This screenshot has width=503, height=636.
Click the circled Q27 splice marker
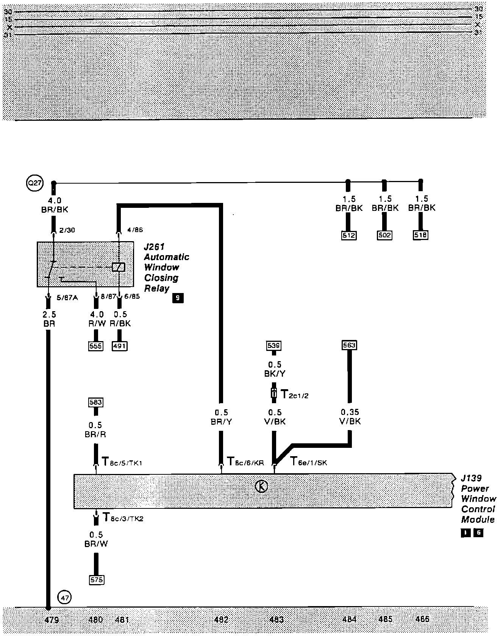pyautogui.click(x=35, y=184)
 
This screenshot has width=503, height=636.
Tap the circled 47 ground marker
pyautogui.click(x=64, y=598)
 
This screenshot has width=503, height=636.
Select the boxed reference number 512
pyautogui.click(x=349, y=235)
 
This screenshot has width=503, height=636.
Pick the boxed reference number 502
pyautogui.click(x=384, y=235)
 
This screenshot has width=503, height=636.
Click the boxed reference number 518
pyautogui.click(x=420, y=235)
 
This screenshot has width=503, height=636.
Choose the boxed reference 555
pyautogui.click(x=95, y=346)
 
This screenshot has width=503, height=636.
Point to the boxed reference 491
pyautogui.click(x=119, y=346)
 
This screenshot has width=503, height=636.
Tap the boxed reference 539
pyautogui.click(x=274, y=346)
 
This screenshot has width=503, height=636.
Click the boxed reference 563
pyautogui.click(x=349, y=345)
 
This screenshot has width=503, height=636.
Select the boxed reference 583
pyautogui.click(x=95, y=402)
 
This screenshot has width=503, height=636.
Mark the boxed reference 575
pyautogui.click(x=96, y=580)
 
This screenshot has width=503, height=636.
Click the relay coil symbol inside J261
pyautogui.click(x=119, y=267)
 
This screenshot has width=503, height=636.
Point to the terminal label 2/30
pyautogui.click(x=67, y=230)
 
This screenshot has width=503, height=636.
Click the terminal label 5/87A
pyautogui.click(x=67, y=298)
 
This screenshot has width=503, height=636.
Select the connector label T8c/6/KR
pyautogui.click(x=245, y=462)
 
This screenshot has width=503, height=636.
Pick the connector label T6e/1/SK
pyautogui.click(x=309, y=462)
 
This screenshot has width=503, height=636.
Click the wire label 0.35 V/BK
pyautogui.click(x=350, y=416)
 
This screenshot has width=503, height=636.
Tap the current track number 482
pyautogui.click(x=221, y=620)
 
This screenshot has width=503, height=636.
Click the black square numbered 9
pyautogui.click(x=177, y=298)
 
